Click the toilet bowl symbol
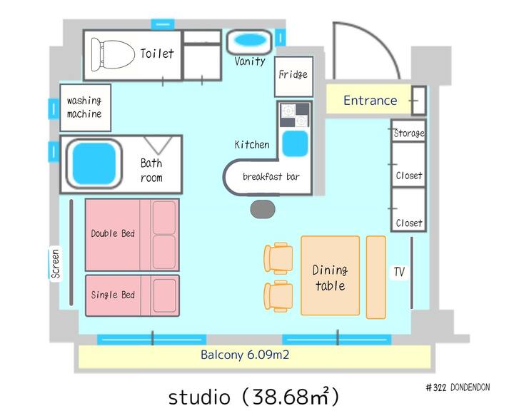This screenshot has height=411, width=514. coord(113,55)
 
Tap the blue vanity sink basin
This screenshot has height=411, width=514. coord(251,40)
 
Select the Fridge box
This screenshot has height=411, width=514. coord(293,76)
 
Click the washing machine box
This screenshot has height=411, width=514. coord(85,108)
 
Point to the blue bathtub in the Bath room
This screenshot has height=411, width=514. coord(94,163)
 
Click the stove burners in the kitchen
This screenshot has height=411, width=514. coord(294,115)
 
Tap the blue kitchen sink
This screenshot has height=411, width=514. coord(295,143)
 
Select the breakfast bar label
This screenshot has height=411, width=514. coord(271,177)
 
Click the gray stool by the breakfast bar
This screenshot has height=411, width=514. coord(263,209)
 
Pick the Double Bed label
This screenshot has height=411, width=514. coord(113,233)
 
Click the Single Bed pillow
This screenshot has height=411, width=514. coord(164,295)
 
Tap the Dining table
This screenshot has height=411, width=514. coord(330,275)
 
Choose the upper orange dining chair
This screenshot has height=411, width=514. coord(278,258)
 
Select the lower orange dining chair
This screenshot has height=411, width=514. coord(278,295)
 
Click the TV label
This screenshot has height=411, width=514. coord(399,272)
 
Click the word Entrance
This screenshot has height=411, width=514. coord(370,101)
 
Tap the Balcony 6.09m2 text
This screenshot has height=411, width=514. coord(245,355)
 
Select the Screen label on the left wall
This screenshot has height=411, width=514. coord(56,264)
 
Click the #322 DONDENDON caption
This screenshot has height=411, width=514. coord(458,387)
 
